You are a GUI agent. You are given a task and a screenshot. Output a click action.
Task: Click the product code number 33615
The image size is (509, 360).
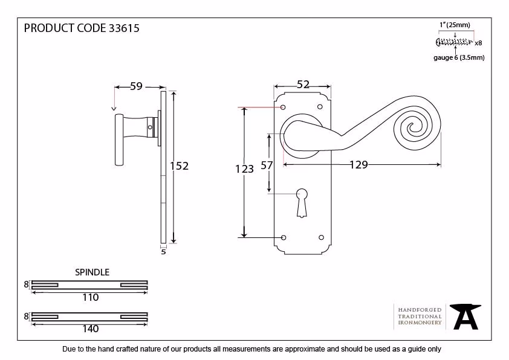(124, 28)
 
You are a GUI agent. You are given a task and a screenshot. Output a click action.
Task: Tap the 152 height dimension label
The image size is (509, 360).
(179, 166)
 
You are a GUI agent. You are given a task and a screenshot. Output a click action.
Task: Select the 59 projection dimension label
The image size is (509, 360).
(137, 86)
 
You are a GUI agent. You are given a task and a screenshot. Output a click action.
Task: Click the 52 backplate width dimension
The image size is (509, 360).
(303, 85)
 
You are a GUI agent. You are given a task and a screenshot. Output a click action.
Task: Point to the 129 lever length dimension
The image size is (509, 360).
(358, 165)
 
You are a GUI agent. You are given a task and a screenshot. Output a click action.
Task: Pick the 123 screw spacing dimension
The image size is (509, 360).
(244, 169)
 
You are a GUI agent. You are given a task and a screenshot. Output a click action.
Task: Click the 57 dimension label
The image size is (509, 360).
(267, 166)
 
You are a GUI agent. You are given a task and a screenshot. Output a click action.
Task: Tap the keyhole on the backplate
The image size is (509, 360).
(302, 203)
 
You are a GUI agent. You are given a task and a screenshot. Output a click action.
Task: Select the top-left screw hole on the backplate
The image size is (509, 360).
(283, 107)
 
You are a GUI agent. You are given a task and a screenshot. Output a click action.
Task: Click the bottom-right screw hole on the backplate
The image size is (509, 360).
(322, 237)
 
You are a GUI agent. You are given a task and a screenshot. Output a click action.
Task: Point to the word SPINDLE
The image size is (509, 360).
(92, 272)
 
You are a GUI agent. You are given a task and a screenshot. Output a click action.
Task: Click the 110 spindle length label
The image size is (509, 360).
(91, 297)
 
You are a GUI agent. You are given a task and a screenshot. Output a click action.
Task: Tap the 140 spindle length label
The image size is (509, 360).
(91, 329)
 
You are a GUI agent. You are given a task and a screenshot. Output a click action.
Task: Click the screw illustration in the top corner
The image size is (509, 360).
(454, 42)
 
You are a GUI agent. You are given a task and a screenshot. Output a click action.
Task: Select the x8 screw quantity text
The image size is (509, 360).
(478, 43)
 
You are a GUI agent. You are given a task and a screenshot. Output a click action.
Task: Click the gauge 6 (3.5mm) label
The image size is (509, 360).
(459, 58)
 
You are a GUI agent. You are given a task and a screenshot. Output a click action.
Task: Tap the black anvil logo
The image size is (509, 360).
(465, 317)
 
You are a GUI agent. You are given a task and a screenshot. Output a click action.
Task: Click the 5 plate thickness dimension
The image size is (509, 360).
(163, 252)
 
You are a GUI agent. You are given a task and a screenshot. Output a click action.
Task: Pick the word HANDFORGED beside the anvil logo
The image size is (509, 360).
(420, 310)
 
